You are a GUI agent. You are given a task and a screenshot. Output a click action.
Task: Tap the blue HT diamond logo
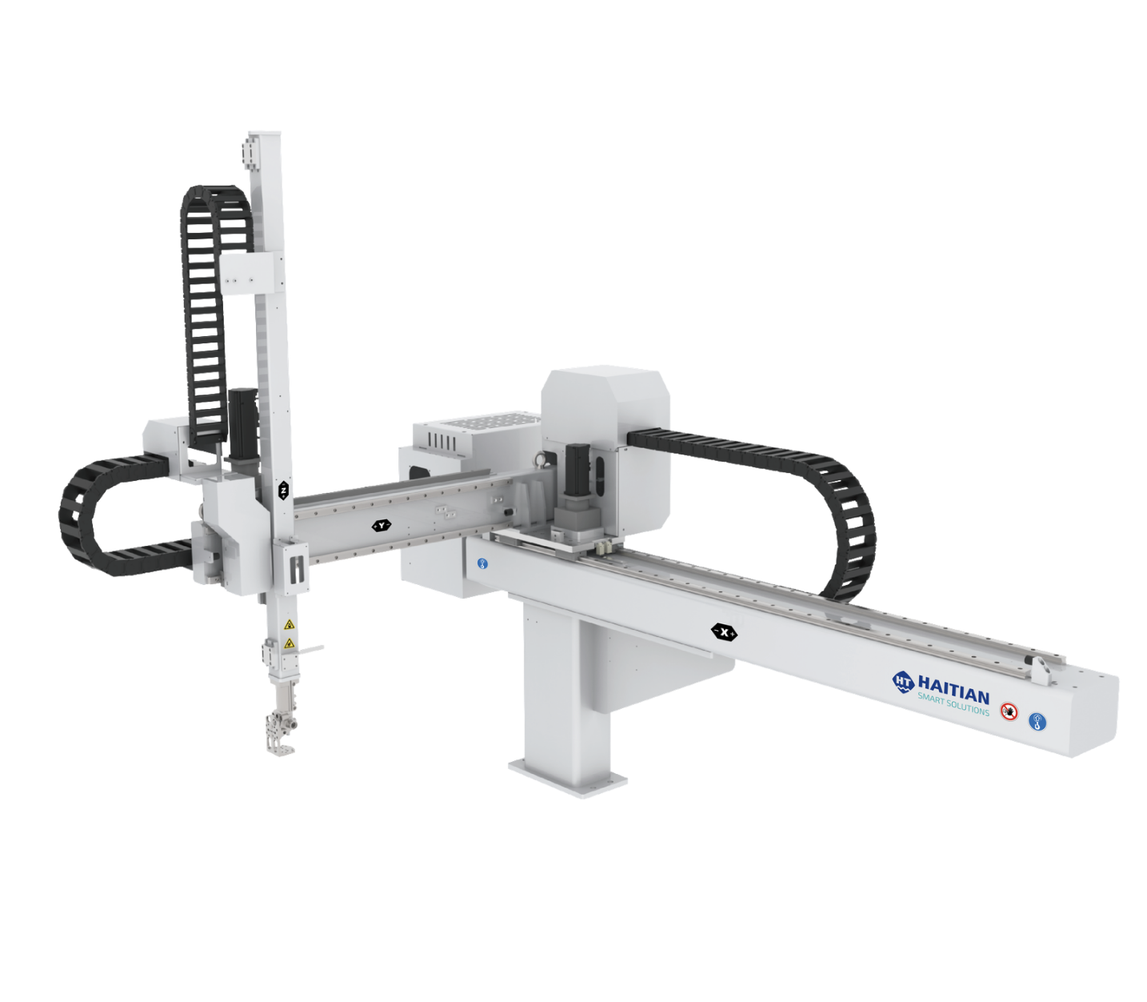tap(903, 681)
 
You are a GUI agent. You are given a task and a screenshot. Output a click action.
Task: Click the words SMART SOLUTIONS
tap(953, 706)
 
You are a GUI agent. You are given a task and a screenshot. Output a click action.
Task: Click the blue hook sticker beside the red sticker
tap(1037, 722)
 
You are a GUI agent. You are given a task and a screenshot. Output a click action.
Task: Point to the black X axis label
tap(725, 632)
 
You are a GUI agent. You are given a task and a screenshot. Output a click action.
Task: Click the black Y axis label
tap(382, 525)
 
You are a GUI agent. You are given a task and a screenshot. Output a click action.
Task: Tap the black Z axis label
tap(284, 490)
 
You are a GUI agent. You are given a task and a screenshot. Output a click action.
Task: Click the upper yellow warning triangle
tap(290, 624)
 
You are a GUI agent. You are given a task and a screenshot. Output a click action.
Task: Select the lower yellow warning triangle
tap(290, 643)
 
